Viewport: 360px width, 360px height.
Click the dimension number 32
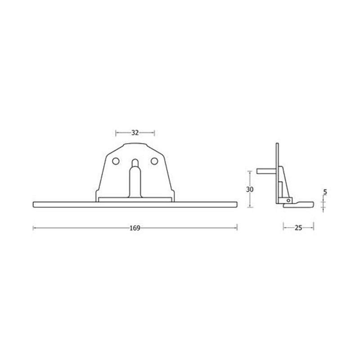135,133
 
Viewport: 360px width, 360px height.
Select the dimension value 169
135,228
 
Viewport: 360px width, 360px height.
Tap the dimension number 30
250,189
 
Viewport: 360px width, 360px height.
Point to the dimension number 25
298,228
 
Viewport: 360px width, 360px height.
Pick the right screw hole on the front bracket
154,161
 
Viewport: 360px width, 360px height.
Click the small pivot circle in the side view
288,200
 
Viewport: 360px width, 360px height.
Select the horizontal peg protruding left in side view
265,171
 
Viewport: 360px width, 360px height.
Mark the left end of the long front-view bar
34,204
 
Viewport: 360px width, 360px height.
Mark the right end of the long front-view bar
236,204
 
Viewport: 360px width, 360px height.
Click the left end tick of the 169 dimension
33,228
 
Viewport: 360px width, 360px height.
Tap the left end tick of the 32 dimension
116,133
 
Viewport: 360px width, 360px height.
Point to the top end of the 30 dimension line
250,171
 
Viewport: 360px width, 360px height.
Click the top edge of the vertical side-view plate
278,143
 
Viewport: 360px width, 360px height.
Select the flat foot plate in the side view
298,205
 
